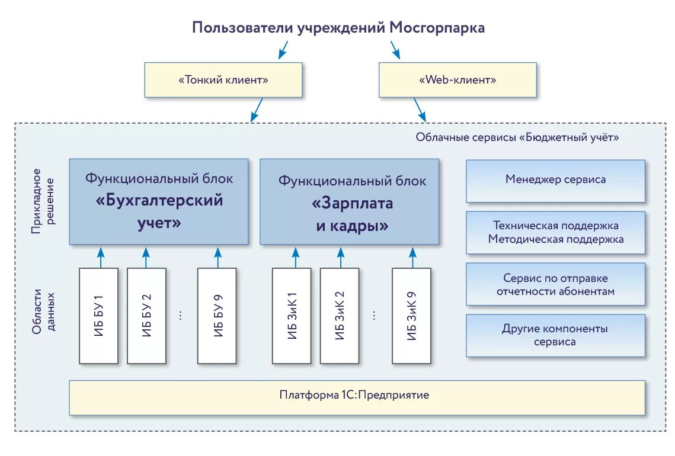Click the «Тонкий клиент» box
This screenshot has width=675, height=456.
223,80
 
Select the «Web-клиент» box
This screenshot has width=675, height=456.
458,80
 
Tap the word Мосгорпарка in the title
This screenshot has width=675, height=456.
437,28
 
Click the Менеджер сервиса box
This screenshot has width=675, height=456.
555,180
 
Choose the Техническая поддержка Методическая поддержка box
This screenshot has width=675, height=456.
555,233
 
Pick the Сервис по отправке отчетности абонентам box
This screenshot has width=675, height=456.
555,284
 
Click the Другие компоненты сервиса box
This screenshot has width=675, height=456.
555,336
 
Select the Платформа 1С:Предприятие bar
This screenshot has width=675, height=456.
357,397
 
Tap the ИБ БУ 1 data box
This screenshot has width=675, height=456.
98,316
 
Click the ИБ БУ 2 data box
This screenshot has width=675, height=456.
146,316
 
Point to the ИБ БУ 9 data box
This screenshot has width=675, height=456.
217,316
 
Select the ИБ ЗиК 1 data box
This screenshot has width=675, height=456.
292,316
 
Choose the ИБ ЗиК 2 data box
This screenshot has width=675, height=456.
340,316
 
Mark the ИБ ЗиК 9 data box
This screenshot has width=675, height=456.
411,316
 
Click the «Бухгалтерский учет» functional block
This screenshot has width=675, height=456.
159,201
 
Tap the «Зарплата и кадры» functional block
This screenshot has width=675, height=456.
350,202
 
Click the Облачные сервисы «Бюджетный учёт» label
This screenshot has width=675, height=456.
517,137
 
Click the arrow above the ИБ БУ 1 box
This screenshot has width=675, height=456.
100,257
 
